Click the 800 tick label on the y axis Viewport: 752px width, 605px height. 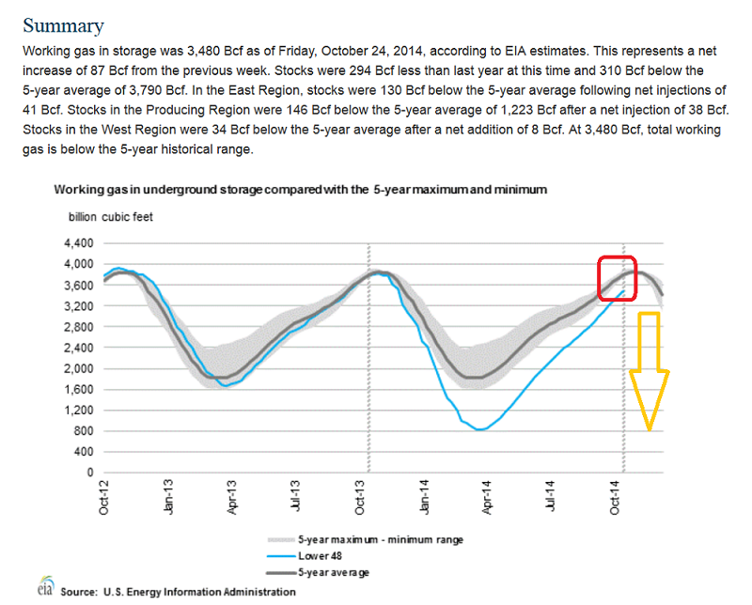[85, 431]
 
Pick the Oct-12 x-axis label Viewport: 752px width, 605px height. [104, 498]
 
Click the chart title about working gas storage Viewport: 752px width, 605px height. [300, 190]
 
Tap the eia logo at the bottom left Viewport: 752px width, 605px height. [43, 588]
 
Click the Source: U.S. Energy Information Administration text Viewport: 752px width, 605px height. [178, 592]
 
